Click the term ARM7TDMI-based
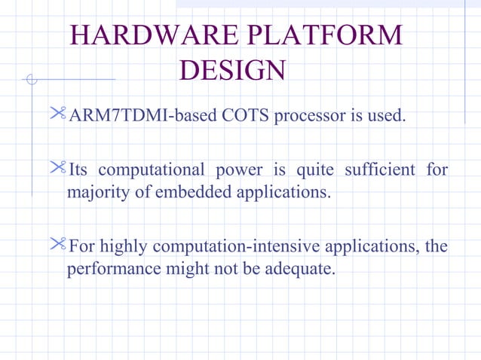click(x=129, y=117)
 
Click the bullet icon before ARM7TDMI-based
click(x=58, y=115)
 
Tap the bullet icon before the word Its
click(x=58, y=169)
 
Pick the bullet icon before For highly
click(x=58, y=245)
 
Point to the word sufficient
click(x=379, y=170)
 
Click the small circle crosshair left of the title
click(x=31, y=79)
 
